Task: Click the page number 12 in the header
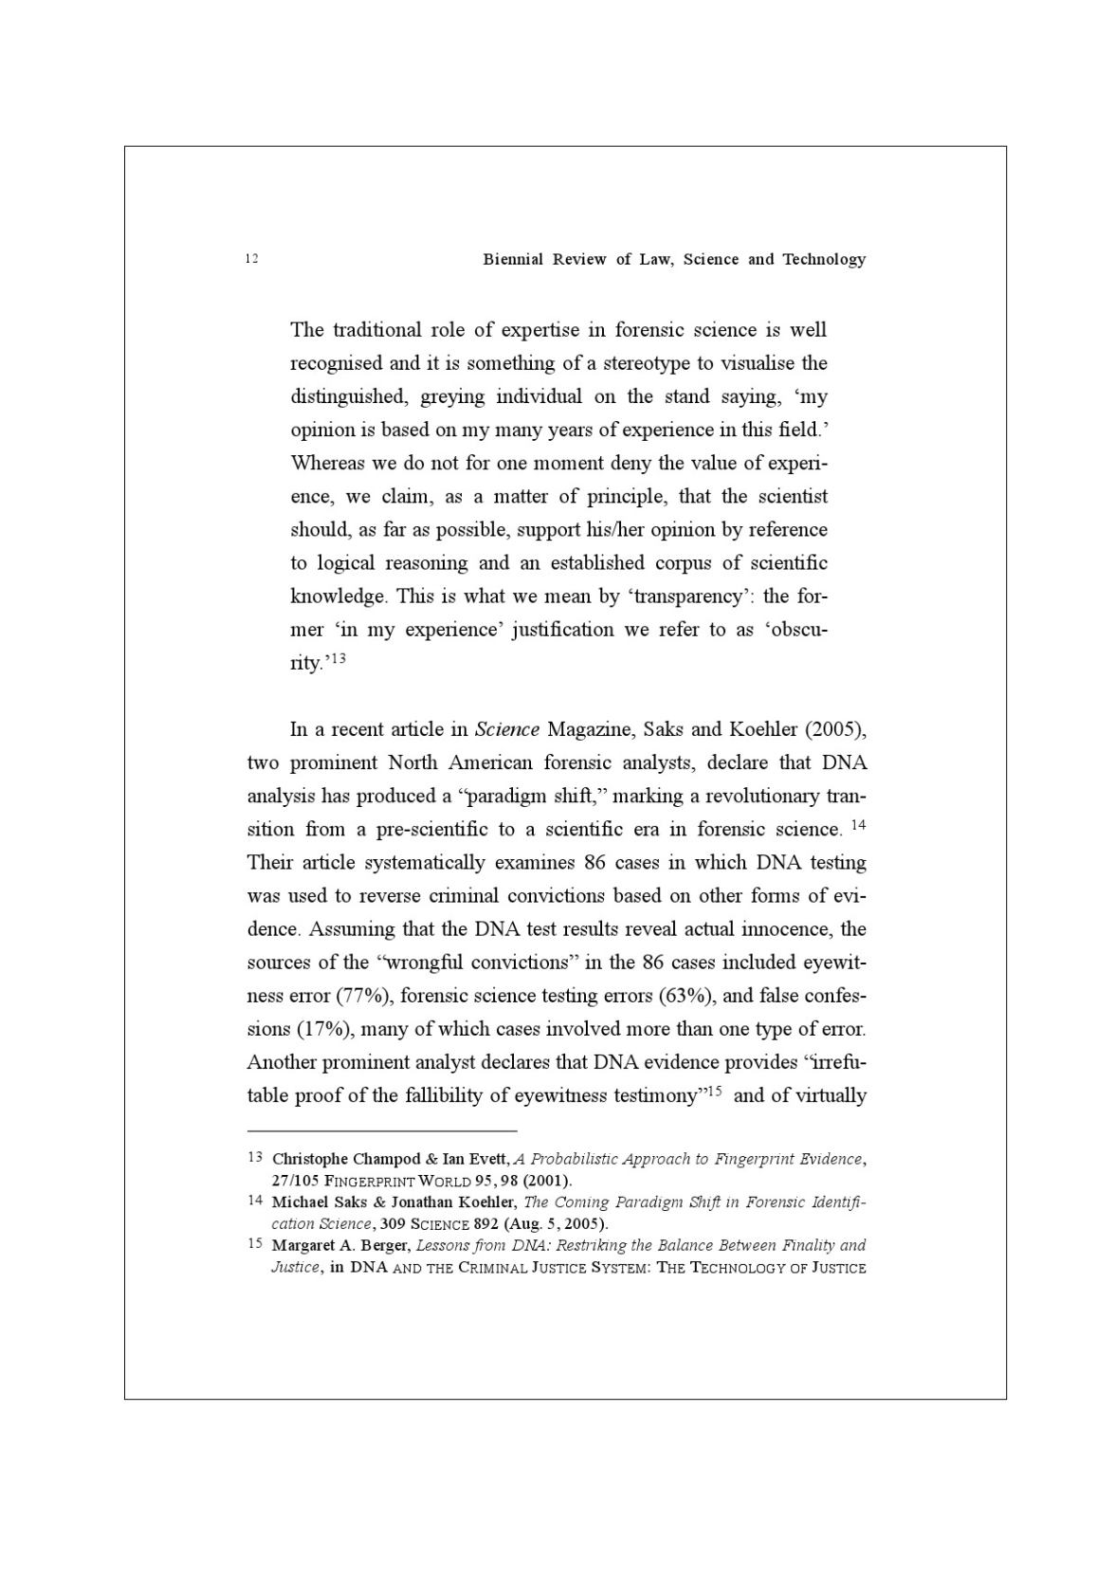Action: (x=251, y=259)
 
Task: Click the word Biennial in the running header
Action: (x=512, y=259)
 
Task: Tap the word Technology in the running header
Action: (x=823, y=259)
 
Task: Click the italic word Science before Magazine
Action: (x=506, y=729)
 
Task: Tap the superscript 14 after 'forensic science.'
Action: (x=857, y=825)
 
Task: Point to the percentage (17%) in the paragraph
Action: (x=320, y=1029)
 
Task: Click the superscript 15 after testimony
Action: (x=715, y=1092)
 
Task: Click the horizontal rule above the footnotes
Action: (x=382, y=1130)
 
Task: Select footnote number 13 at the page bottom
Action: (x=254, y=1158)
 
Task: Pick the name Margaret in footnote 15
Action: (x=304, y=1245)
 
